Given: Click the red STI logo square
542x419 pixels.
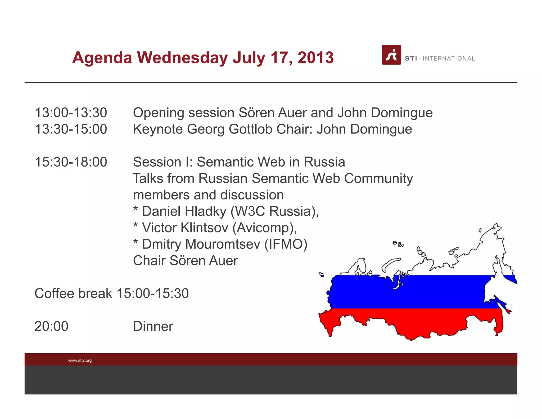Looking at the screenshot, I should (x=391, y=55).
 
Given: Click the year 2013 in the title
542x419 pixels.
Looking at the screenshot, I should (x=315, y=57).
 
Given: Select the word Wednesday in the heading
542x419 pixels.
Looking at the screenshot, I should (x=182, y=57).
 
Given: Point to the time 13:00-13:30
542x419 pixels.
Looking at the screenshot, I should (x=71, y=113).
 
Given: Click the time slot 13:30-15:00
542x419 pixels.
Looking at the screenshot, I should (x=71, y=129).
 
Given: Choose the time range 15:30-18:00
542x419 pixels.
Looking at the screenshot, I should (x=71, y=162).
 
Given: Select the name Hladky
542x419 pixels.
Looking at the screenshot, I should (x=205, y=211).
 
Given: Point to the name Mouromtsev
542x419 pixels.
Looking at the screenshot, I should (x=223, y=244).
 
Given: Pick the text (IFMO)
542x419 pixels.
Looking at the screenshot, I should (x=286, y=244).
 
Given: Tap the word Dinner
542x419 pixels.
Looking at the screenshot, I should (x=153, y=326).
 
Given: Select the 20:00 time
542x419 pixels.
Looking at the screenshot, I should (x=51, y=326).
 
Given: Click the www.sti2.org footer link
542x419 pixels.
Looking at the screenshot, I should (x=80, y=360).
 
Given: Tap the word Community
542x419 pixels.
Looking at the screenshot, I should (x=378, y=179).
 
